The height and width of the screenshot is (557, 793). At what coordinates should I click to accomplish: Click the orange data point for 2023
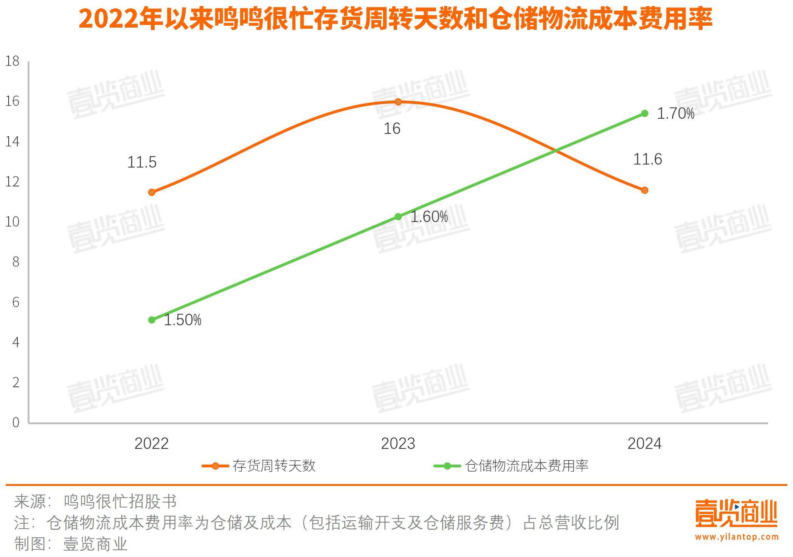pos(398,102)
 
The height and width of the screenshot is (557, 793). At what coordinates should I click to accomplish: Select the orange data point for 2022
pos(152,192)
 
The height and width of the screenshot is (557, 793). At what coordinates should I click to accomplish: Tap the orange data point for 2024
pos(645,190)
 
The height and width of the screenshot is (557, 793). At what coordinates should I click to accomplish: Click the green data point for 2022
pos(152,320)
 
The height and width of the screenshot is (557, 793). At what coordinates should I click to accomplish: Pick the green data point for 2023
pos(398,217)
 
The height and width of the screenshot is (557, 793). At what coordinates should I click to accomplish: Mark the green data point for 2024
pos(645,113)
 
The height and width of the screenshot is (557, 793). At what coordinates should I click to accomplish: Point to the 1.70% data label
pos(675,113)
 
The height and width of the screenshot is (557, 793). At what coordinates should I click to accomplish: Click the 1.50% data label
pos(182,320)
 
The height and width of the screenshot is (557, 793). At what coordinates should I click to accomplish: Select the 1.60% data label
pos(429,217)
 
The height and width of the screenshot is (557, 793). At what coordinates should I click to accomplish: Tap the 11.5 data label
pos(142,162)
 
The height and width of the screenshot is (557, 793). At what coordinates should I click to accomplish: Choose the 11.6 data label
pos(647,159)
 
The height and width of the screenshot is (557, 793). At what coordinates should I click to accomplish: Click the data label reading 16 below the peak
pos(392,129)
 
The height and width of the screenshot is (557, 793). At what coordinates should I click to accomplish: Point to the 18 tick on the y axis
pos(12,61)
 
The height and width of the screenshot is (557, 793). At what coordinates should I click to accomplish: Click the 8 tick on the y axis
pos(16,262)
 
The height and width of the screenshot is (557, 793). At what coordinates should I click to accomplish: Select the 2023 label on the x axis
pos(398,444)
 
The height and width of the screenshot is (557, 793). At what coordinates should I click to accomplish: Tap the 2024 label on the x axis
pos(644,444)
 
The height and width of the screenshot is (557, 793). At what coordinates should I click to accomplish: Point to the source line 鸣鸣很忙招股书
pos(120,501)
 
